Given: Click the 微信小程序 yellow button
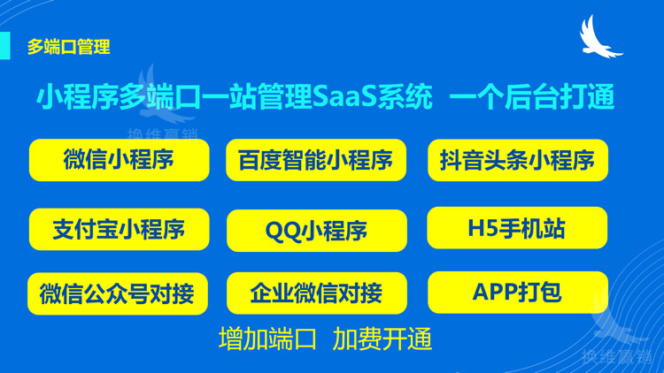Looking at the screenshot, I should click(119, 160).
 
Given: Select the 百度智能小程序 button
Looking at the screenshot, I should click(316, 160).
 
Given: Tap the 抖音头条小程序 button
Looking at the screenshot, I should click(518, 160).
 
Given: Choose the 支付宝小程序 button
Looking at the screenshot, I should click(119, 230).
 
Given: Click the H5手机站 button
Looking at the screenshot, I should click(517, 228).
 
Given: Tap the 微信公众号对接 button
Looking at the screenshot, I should click(119, 293).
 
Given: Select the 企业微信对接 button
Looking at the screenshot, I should click(316, 293).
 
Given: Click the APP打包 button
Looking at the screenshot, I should click(517, 293).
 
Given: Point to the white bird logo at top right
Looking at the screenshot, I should click(601, 39).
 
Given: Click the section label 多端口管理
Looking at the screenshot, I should click(68, 47).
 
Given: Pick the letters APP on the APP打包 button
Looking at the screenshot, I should click(494, 293).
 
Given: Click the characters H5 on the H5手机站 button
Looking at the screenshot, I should click(481, 228).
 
